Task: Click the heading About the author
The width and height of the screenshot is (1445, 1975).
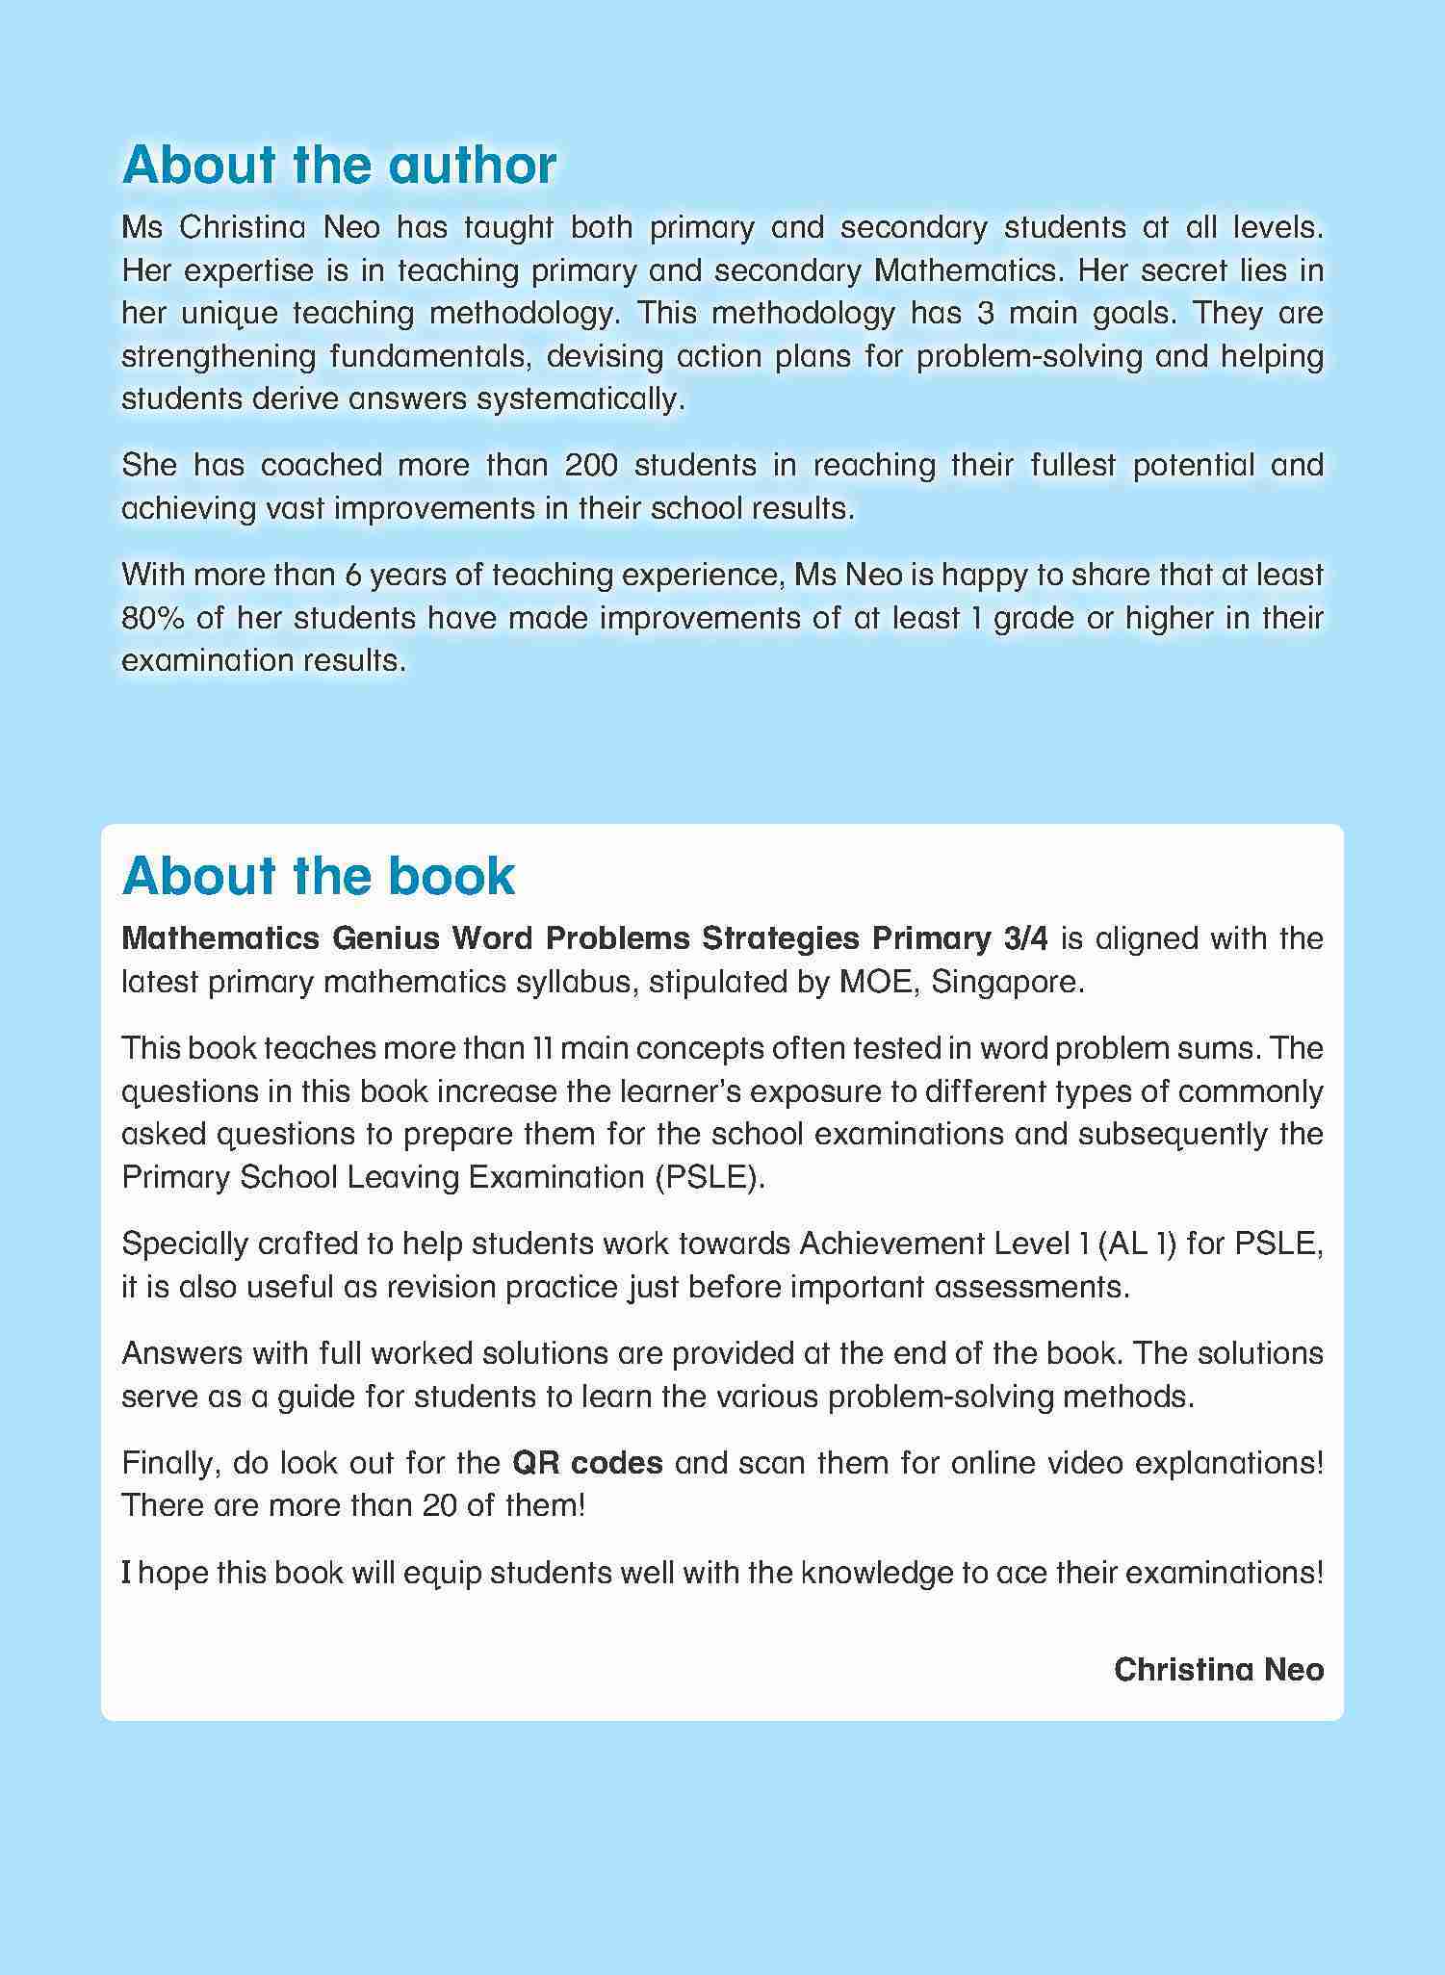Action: click(x=339, y=166)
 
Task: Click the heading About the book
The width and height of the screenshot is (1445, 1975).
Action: click(x=319, y=876)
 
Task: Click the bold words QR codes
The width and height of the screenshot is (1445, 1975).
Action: click(x=587, y=1463)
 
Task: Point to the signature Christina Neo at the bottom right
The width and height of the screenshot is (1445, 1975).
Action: click(x=1218, y=1670)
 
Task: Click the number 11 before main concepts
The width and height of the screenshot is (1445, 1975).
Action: click(x=542, y=1048)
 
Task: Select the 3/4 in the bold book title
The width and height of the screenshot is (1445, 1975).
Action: click(x=1025, y=938)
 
